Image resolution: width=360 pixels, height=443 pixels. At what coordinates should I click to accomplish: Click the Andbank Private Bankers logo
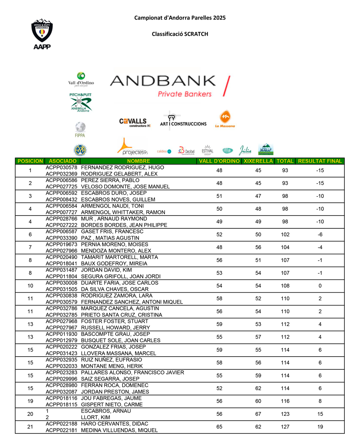click(x=170, y=86)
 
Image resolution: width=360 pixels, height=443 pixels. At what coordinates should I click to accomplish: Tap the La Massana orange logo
click(x=225, y=119)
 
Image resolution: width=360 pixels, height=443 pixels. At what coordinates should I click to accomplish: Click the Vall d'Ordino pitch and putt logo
click(x=81, y=79)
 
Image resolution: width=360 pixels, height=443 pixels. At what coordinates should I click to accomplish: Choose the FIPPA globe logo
click(x=80, y=130)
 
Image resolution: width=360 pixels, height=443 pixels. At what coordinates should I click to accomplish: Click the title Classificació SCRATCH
click(x=180, y=34)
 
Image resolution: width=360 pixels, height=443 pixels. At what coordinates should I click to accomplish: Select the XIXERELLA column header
click(x=258, y=161)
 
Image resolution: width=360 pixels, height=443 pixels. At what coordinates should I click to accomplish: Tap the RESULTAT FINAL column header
click(x=320, y=161)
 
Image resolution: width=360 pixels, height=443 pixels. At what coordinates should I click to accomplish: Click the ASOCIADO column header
click(x=62, y=161)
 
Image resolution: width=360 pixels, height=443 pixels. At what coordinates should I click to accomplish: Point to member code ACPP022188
click(x=62, y=424)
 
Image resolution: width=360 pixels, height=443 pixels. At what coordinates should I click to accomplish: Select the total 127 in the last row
click(x=285, y=427)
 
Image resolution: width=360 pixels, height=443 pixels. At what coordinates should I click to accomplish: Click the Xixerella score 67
click(x=258, y=414)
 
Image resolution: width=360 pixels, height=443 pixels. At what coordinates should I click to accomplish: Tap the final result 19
click(x=320, y=427)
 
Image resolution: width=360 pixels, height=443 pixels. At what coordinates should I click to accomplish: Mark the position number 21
click(x=30, y=427)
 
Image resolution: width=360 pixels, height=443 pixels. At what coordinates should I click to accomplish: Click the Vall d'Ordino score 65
click(x=219, y=427)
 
